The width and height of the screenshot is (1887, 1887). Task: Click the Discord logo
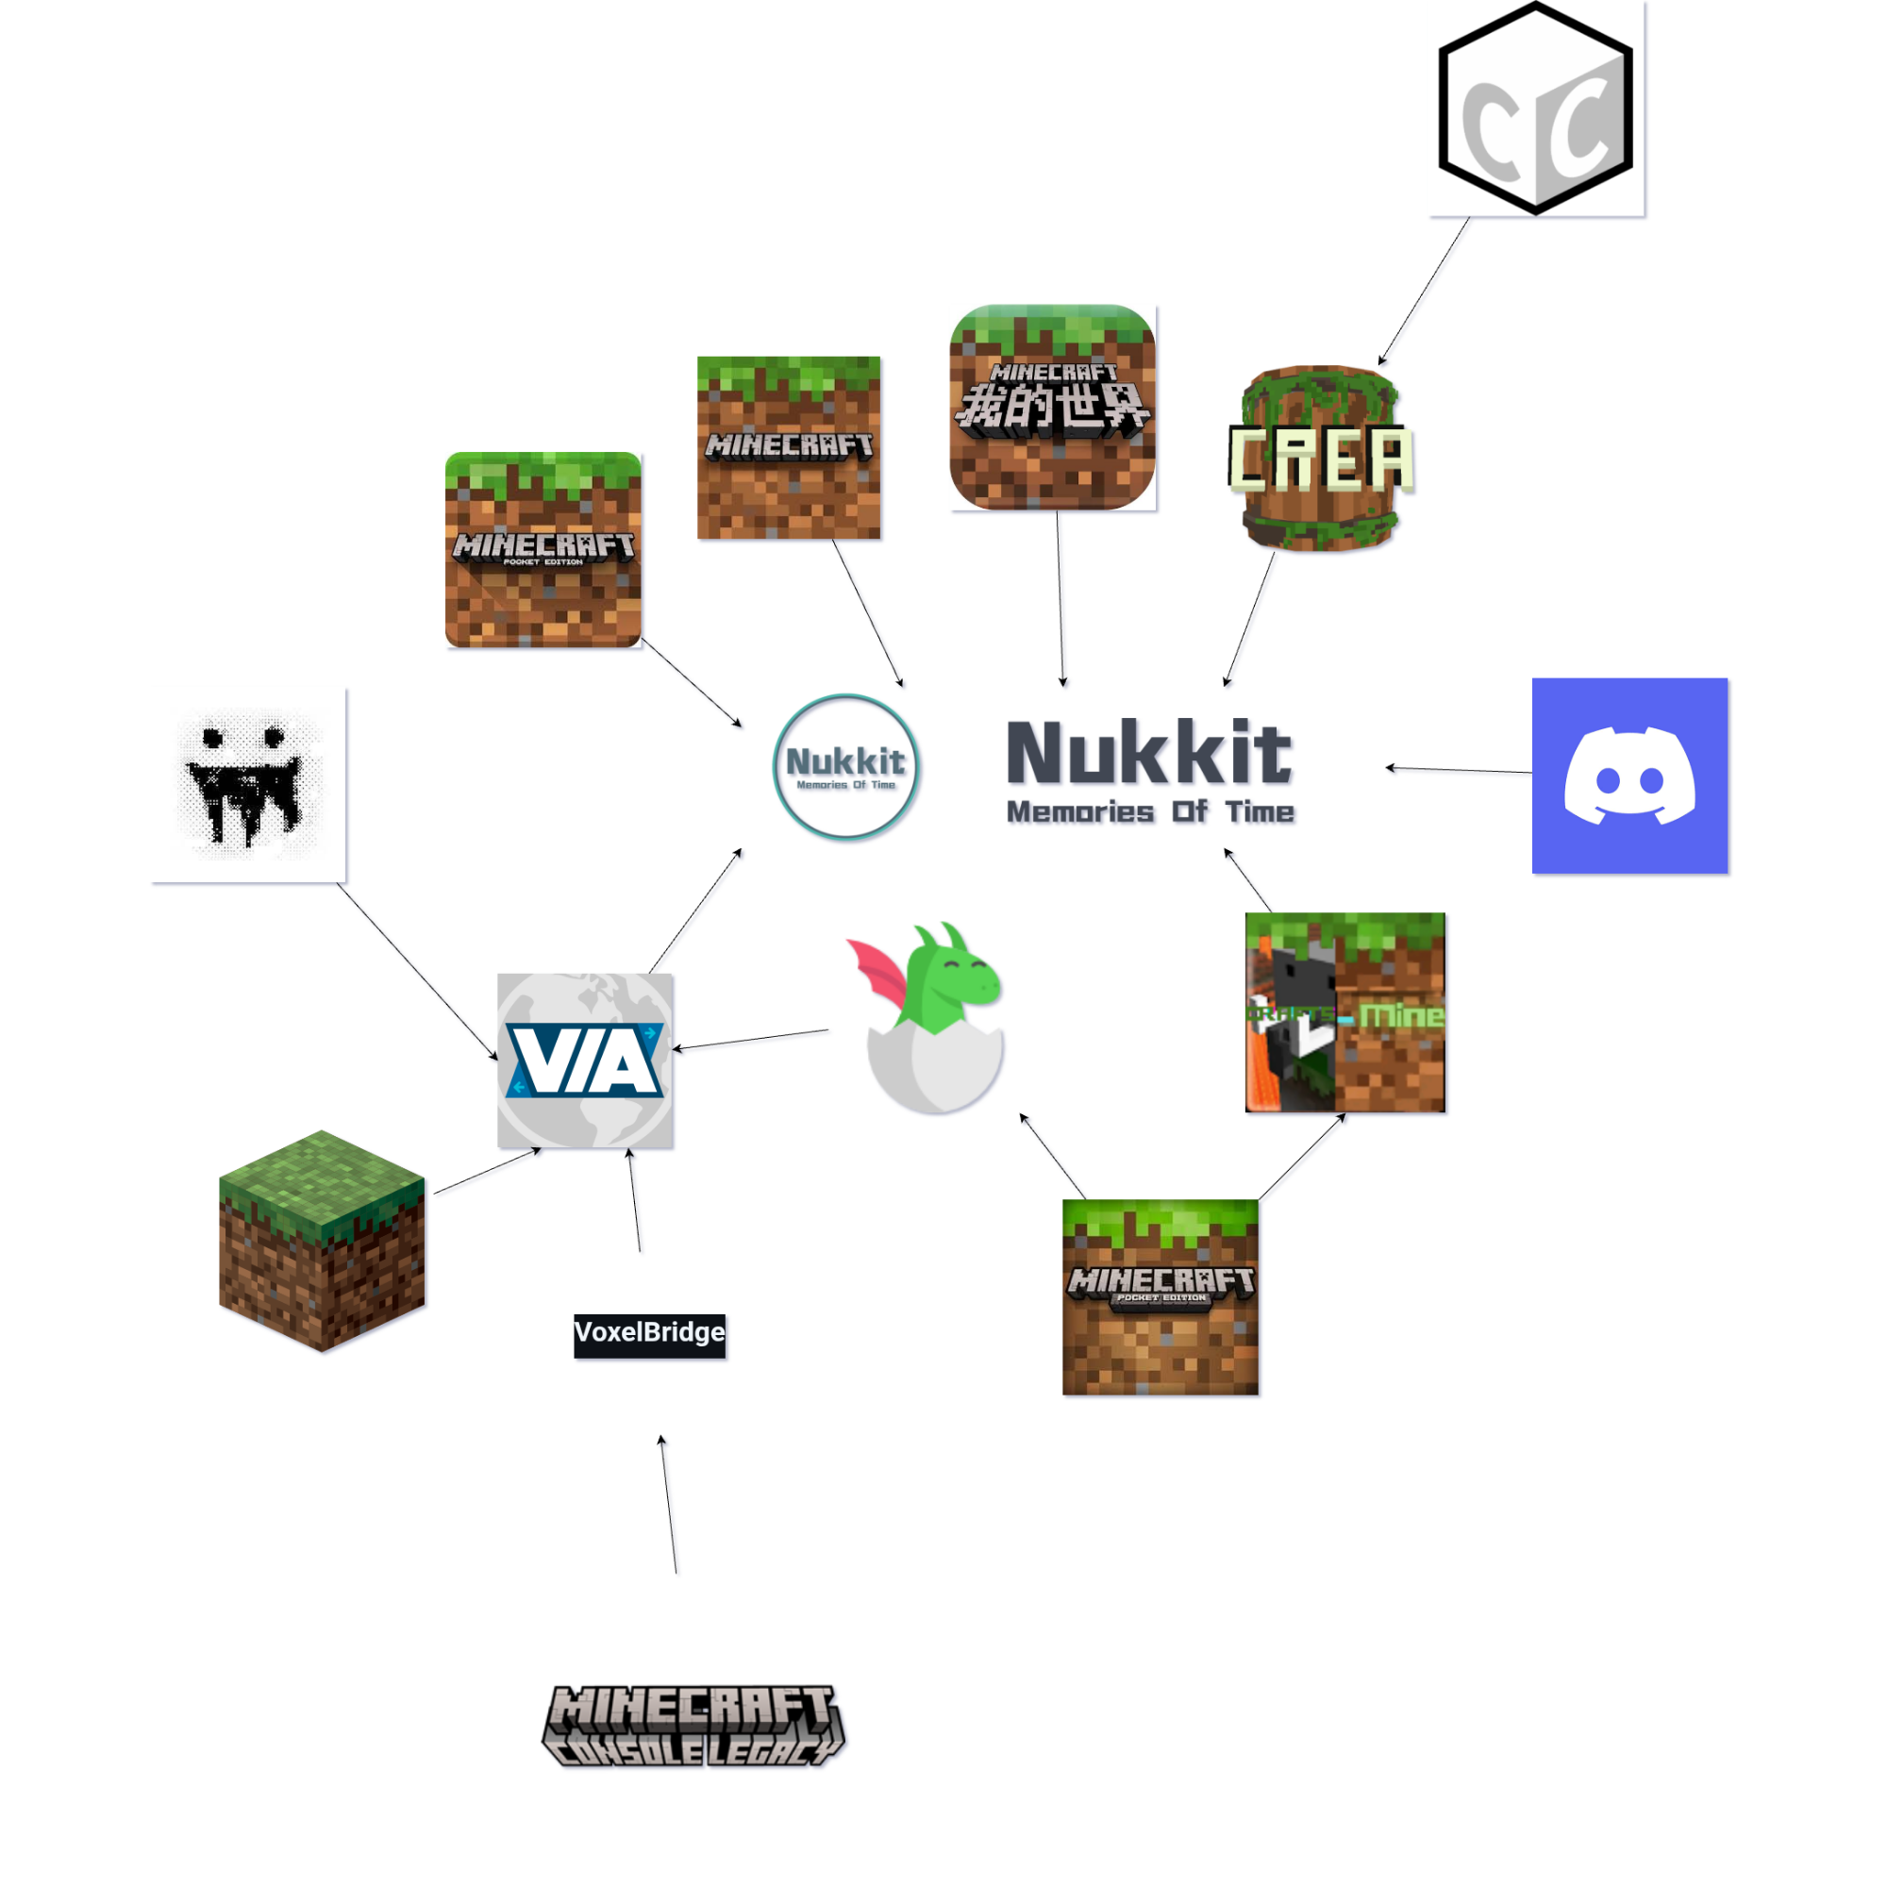(1629, 776)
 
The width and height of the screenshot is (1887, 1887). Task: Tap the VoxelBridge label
(649, 1334)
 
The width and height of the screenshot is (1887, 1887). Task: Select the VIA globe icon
(585, 1060)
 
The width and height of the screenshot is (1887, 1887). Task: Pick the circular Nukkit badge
(845, 767)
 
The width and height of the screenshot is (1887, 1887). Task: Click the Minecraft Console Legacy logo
(693, 1725)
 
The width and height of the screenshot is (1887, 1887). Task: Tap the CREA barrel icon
(1321, 459)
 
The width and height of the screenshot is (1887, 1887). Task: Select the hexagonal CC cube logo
(1535, 108)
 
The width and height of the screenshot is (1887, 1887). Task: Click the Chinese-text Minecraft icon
(1052, 408)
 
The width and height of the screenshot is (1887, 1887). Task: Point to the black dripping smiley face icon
(250, 785)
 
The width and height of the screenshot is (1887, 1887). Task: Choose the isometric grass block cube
(322, 1241)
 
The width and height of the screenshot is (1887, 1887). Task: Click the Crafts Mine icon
(1344, 1012)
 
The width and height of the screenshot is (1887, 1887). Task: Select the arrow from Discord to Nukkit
(1460, 770)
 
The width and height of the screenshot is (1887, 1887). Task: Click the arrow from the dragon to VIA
(750, 1040)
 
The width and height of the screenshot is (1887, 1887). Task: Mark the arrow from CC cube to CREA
(1424, 291)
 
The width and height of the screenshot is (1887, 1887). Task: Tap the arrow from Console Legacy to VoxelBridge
(668, 1504)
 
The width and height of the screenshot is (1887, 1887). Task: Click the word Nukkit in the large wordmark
(1149, 753)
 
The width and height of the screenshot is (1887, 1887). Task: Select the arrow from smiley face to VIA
(417, 971)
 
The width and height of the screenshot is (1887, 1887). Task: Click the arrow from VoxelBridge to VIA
(635, 1200)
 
